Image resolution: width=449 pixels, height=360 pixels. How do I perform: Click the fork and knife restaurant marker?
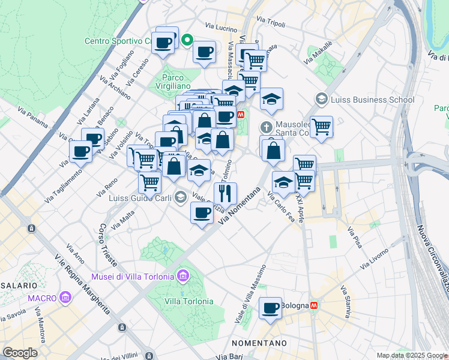point(225,193)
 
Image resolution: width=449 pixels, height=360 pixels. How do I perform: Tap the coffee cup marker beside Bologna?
point(271,308)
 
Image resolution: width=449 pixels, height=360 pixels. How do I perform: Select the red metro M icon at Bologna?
point(314,305)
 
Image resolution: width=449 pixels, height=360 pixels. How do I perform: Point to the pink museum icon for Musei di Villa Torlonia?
point(183,277)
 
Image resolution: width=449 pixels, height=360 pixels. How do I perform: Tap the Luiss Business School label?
point(372,100)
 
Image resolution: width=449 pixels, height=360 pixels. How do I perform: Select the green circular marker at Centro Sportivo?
point(187,41)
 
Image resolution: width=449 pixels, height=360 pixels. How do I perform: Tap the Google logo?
point(19,353)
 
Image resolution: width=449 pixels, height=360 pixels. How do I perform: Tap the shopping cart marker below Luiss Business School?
point(321,127)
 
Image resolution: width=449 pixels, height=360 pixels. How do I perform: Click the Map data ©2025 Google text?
point(412,355)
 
